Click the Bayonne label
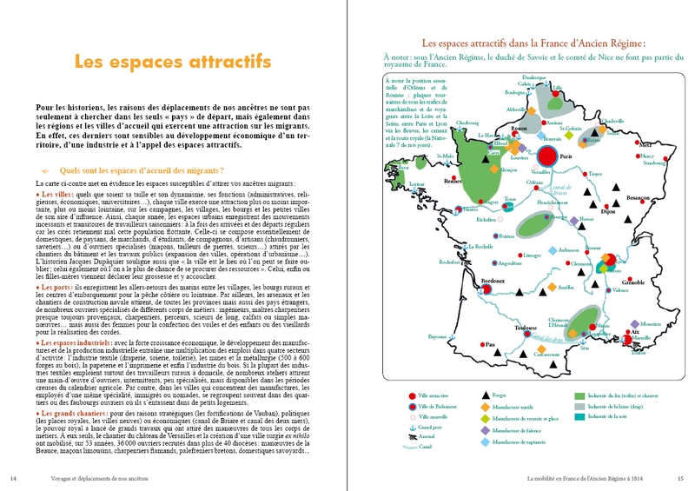tap(439, 336)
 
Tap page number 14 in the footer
tap(12, 477)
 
